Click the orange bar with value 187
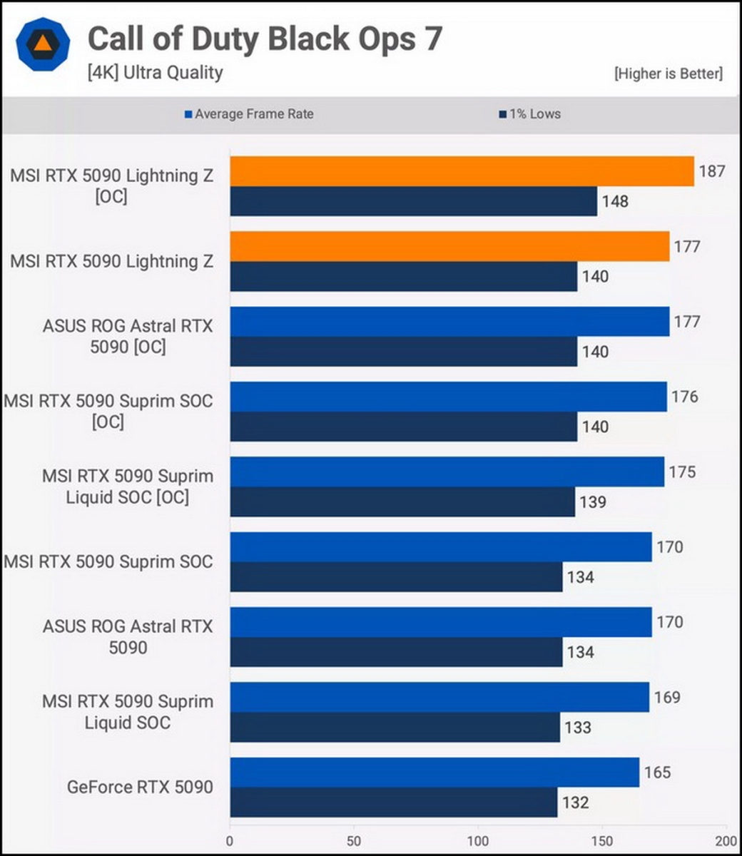462,171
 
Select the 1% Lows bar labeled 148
413,201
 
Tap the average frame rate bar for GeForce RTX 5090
434,773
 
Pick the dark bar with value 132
393,802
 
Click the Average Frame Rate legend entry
249,114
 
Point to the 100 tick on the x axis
478,840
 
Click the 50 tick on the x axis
354,840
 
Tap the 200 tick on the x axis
726,840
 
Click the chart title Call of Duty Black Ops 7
265,39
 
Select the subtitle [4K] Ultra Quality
155,73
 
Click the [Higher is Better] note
668,73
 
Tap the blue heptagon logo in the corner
43,44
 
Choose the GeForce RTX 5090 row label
140,788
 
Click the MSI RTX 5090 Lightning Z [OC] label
111,185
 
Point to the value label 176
684,397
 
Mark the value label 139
592,502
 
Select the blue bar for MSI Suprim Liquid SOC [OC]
447,472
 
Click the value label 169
666,698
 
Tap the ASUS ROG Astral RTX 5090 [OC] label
128,337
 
